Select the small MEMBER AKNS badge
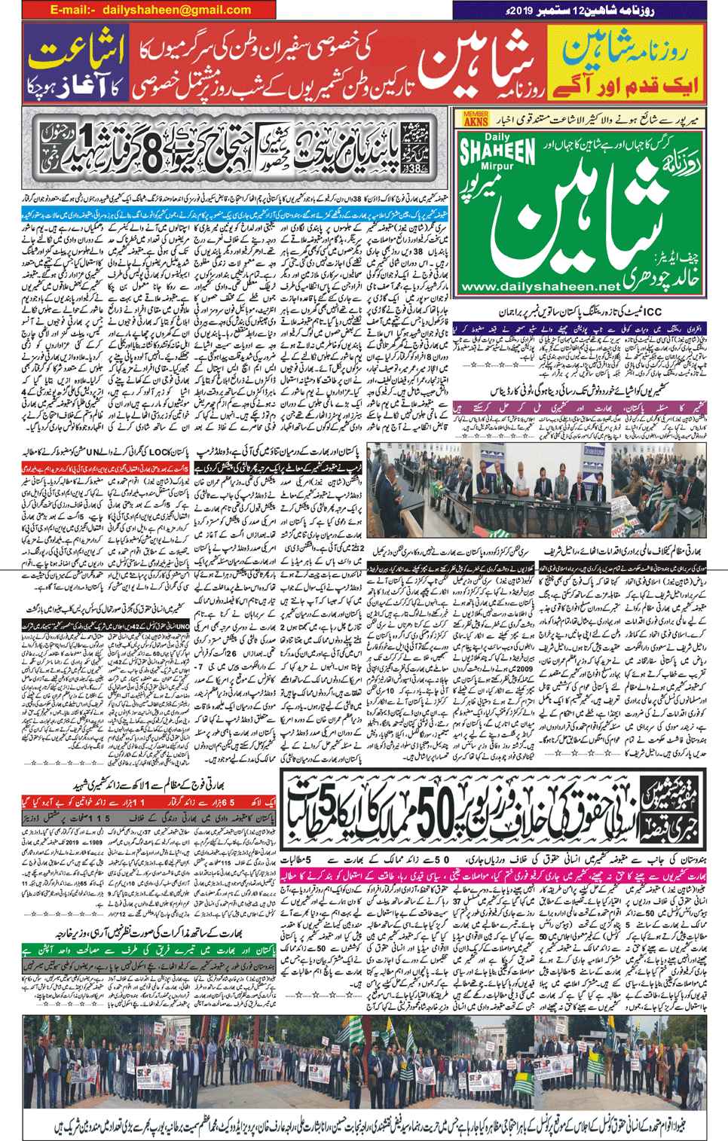(476, 118)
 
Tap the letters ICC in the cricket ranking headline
(653, 311)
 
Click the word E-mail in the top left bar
(73, 10)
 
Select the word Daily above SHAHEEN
(497, 138)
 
